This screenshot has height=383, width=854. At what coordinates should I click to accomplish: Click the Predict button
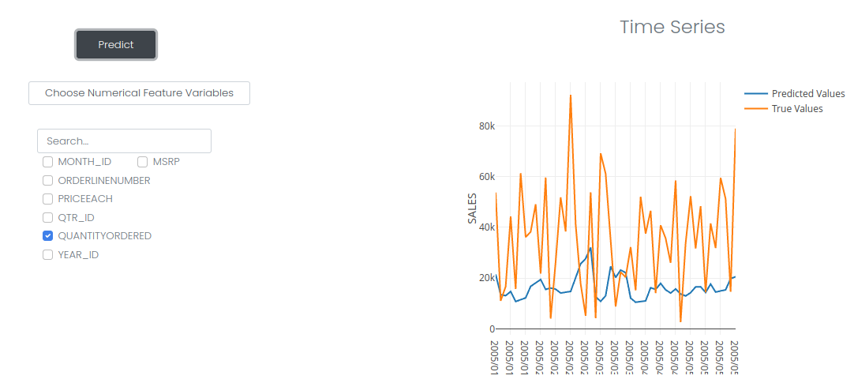pyautogui.click(x=116, y=45)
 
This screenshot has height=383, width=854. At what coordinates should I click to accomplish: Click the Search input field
pyautogui.click(x=124, y=141)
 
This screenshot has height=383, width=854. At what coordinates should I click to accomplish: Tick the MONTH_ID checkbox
pyautogui.click(x=48, y=162)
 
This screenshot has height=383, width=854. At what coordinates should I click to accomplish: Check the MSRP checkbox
pyautogui.click(x=143, y=162)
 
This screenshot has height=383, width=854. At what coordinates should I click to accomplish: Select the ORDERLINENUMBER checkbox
pyautogui.click(x=48, y=180)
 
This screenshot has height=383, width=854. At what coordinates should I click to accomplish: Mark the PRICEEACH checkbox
pyautogui.click(x=48, y=199)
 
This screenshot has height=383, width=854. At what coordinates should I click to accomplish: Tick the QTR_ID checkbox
pyautogui.click(x=48, y=217)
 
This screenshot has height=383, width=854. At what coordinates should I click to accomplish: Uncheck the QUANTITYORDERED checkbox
pyautogui.click(x=48, y=236)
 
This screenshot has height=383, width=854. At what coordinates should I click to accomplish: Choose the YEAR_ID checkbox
pyautogui.click(x=48, y=255)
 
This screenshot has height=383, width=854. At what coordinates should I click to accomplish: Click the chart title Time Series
pyautogui.click(x=672, y=27)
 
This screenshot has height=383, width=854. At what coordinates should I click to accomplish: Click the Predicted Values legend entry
pyautogui.click(x=807, y=94)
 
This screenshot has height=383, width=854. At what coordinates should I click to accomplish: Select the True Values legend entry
pyautogui.click(x=796, y=109)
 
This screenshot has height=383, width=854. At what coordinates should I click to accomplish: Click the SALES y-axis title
pyautogui.click(x=472, y=208)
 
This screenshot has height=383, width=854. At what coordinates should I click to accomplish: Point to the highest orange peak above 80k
pyautogui.click(x=570, y=96)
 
